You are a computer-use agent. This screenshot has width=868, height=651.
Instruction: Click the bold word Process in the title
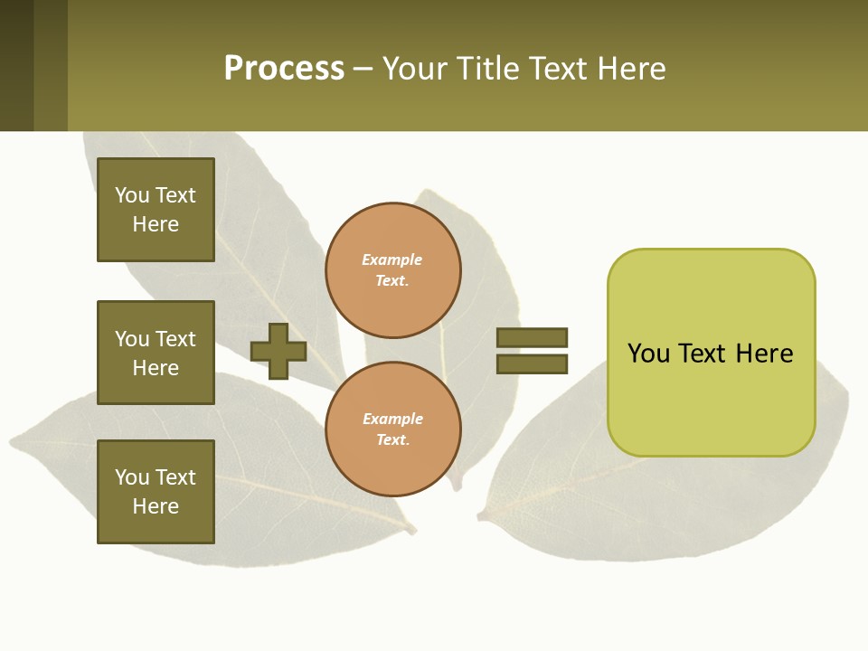(284, 69)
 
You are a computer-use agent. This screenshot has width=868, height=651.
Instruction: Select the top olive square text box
(156, 210)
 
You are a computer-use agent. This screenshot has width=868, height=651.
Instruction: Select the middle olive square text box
(156, 353)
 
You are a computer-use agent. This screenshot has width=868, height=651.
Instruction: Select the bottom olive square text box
(156, 492)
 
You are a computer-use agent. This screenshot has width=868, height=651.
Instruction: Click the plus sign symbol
(278, 351)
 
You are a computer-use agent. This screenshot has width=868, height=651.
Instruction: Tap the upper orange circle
(393, 269)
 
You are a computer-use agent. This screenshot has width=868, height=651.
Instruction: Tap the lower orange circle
(393, 429)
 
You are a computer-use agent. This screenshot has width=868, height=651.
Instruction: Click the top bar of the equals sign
(532, 337)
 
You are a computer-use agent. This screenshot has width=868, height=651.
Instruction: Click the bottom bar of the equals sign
(532, 364)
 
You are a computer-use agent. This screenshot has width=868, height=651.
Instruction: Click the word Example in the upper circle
(392, 259)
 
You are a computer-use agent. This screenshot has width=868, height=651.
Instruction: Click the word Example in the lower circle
(392, 419)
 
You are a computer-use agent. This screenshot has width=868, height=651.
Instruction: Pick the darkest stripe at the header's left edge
(16, 65)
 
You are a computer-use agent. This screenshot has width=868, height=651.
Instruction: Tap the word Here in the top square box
(156, 224)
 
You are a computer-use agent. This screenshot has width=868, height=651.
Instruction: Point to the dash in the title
(363, 70)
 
